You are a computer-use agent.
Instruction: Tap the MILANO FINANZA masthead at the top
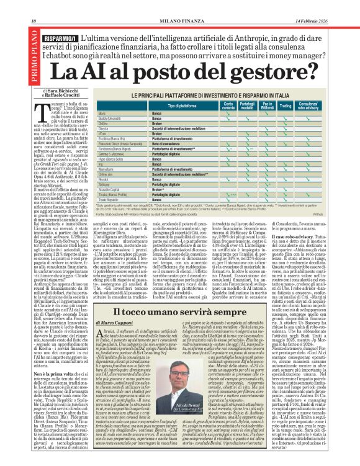click(x=179, y=5)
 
